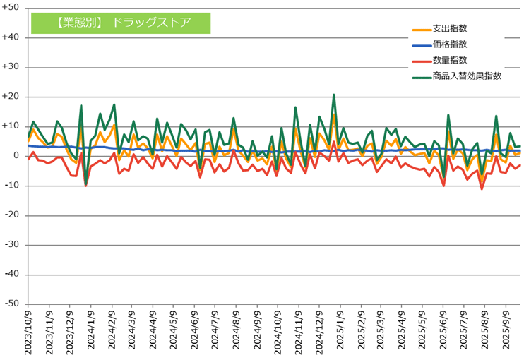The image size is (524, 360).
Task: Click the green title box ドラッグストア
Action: click(121, 22)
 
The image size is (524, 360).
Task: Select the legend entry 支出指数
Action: click(449, 29)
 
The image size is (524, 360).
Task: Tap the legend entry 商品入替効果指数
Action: click(467, 76)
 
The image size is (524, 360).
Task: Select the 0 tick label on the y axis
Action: click(16, 156)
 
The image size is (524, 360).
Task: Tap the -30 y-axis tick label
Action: click(11, 245)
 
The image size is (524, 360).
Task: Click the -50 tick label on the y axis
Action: click(11, 304)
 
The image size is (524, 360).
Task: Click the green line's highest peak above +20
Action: click(334, 95)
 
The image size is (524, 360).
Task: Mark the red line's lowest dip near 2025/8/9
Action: click(482, 188)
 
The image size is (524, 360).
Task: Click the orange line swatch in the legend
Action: click(421, 30)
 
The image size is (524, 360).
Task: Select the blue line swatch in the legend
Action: click(421, 45)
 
